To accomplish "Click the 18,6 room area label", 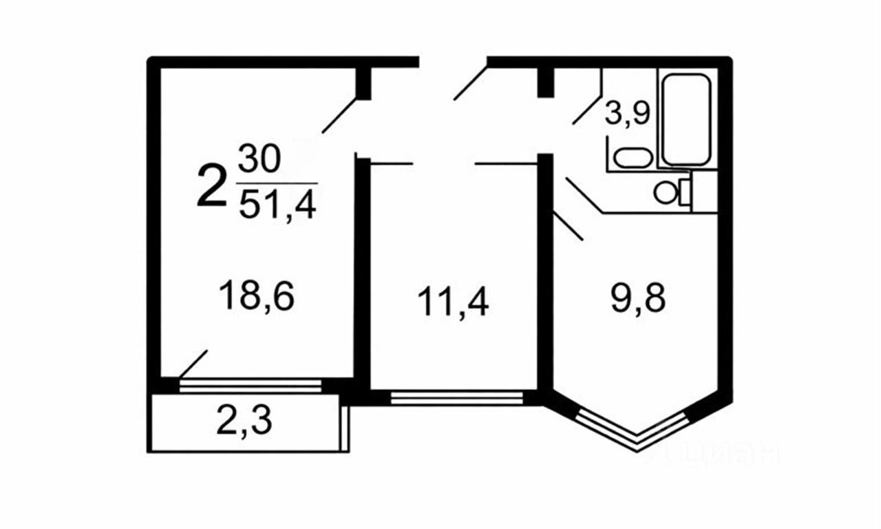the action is (256, 298).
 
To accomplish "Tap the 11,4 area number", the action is (454, 303).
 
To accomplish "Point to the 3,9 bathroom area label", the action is (627, 113).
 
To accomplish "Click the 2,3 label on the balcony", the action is (244, 422).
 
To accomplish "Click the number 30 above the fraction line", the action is (259, 160).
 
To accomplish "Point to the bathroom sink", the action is (633, 158).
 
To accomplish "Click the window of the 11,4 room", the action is (456, 397).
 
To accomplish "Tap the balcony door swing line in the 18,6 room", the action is (193, 363).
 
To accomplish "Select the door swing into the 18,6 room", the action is (339, 114).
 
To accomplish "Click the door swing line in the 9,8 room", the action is (569, 226).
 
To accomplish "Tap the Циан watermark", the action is (716, 455).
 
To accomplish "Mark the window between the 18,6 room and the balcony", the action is (251, 385).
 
